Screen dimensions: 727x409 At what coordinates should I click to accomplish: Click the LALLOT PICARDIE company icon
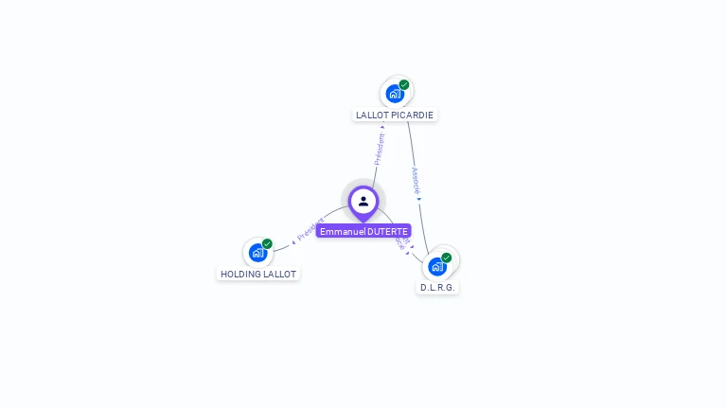pos(395,94)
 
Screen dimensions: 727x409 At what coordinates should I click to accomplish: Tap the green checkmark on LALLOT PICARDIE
pos(404,85)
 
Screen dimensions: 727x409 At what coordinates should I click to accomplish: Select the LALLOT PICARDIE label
pos(395,116)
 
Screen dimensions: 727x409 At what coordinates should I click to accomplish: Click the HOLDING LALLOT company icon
pos(257,253)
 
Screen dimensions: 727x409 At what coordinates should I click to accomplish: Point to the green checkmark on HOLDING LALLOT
pos(267,244)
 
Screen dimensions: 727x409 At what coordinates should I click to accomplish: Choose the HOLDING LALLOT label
pos(258,275)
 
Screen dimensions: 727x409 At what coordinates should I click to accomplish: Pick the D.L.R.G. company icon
pos(436,266)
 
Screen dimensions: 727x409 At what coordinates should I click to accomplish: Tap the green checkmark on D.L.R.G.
pos(446,258)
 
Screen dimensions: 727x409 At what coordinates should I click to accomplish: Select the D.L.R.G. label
pos(437,287)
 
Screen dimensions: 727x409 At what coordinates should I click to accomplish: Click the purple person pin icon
pos(363,202)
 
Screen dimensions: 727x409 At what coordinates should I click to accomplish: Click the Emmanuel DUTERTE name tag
pos(363,231)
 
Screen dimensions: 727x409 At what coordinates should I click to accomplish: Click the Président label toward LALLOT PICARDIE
pos(380,150)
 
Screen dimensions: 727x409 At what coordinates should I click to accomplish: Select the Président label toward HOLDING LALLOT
pos(310,228)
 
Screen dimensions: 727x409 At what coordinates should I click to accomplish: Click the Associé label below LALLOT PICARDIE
pos(416,180)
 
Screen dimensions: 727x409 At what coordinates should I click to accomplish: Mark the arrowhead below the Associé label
pos(418,199)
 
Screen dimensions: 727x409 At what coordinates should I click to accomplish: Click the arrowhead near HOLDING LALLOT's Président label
pos(293,242)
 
